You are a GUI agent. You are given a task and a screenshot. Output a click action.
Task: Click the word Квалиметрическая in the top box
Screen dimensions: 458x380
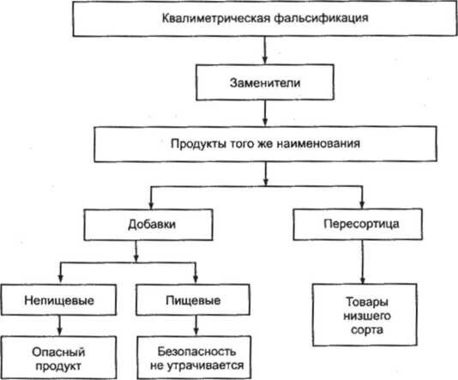click(x=216, y=18)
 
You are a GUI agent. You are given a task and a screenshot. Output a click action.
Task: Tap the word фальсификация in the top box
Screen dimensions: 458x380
click(x=321, y=18)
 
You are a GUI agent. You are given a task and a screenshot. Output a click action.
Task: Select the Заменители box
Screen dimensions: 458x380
click(x=265, y=82)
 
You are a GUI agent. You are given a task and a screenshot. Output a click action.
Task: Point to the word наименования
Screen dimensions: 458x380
click(x=318, y=143)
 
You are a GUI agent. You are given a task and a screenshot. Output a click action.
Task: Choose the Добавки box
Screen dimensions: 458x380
click(x=148, y=225)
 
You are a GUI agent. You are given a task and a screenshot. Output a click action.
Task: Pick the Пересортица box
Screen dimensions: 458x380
click(x=358, y=224)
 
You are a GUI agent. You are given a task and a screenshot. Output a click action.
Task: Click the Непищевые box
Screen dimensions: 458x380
click(x=58, y=299)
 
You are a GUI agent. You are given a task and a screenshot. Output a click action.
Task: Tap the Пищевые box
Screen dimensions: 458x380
click(x=193, y=299)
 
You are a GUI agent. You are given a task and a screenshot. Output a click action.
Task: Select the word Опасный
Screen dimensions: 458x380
click(x=58, y=352)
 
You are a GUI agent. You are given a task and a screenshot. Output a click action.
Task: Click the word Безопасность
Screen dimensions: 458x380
click(x=196, y=352)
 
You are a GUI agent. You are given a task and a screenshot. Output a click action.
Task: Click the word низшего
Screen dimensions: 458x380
click(x=367, y=316)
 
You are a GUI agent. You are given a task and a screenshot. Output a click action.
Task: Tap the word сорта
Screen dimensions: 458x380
click(x=367, y=330)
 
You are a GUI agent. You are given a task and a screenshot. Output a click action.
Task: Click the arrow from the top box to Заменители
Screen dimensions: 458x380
click(x=265, y=50)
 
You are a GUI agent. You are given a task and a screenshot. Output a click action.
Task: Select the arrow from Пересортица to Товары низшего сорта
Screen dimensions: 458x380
click(x=363, y=262)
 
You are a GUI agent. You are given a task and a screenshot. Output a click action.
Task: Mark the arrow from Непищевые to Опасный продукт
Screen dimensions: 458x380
click(x=59, y=326)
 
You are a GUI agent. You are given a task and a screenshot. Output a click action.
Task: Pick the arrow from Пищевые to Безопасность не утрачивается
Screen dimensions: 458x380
click(x=196, y=326)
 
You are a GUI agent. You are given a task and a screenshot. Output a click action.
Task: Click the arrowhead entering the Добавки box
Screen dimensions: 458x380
click(x=151, y=204)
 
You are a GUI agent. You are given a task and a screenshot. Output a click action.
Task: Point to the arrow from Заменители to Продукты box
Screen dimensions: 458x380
click(x=265, y=113)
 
